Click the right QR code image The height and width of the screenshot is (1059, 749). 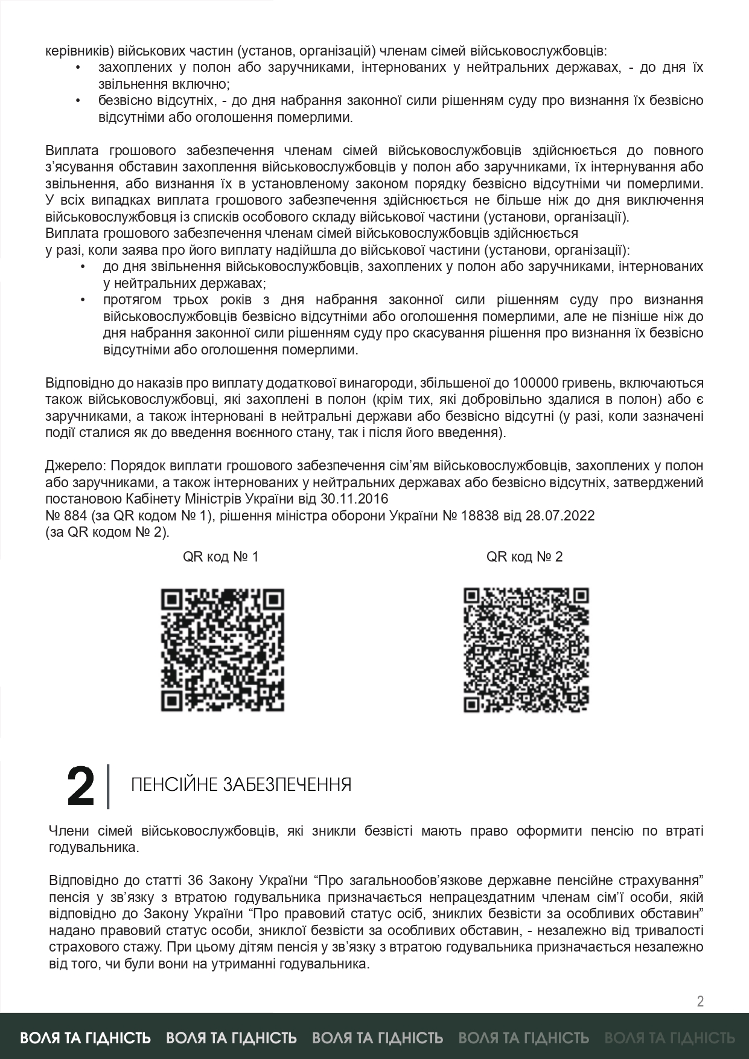526,650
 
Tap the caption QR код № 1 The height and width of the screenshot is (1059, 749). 221,557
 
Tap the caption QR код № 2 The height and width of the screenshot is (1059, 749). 524,557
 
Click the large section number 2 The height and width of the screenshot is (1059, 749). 81,787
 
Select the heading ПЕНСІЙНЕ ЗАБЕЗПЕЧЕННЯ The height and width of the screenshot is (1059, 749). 241,785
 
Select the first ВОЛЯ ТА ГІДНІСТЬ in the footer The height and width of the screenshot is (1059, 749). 86,1038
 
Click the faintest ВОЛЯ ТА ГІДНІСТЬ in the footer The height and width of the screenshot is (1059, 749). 669,1038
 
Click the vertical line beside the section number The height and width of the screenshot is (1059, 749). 108,787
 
